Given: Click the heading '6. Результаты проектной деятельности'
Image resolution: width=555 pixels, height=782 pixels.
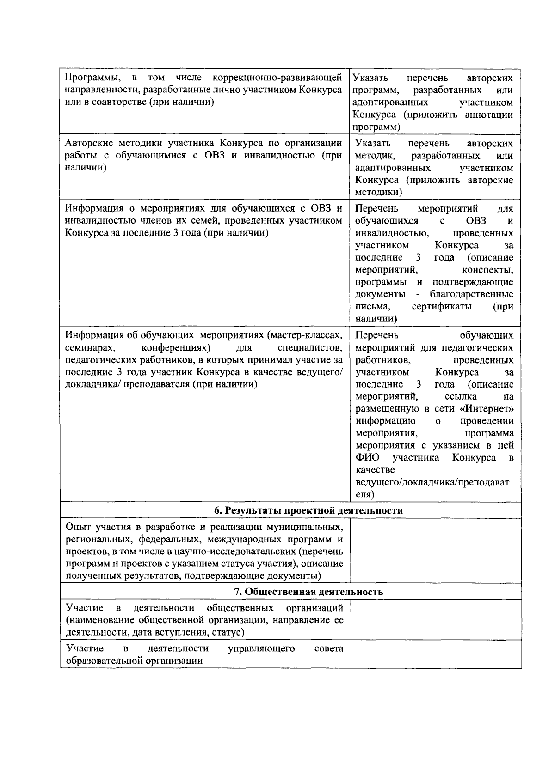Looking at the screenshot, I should (308, 510).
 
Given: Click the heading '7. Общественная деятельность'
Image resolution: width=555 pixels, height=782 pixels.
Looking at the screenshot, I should (308, 592).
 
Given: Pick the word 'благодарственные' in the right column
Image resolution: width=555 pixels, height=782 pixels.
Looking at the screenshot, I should (471, 294).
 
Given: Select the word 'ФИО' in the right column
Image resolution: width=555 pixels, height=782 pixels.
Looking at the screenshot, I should (367, 458).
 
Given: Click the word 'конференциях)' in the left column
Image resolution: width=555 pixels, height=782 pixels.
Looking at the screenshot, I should (176, 347).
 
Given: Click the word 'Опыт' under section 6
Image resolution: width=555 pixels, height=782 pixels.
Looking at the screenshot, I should (78, 527).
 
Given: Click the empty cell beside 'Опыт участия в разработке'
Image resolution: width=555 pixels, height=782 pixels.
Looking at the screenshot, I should (436, 551).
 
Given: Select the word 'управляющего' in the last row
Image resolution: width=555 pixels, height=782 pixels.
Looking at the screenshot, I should (262, 649).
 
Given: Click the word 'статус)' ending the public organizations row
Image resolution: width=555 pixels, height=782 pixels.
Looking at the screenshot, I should (227, 632).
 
